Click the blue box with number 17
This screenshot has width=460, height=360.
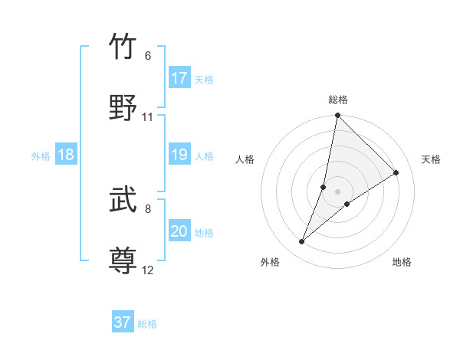click(179, 78)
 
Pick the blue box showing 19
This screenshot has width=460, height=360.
click(179, 155)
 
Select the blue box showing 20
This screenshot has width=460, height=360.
click(179, 232)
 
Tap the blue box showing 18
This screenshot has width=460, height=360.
click(66, 155)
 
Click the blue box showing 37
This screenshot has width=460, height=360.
click(123, 322)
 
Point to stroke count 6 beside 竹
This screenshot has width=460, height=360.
click(148, 56)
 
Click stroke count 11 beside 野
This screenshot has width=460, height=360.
click(148, 117)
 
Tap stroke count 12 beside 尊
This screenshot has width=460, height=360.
click(148, 270)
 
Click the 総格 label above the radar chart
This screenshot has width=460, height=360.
click(338, 100)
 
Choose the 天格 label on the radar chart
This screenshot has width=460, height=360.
click(431, 159)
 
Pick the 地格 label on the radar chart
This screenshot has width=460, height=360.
click(402, 262)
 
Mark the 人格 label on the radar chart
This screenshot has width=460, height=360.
click(245, 159)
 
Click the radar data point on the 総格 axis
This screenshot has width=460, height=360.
click(337, 116)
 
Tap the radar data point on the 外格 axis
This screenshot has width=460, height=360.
click(302, 242)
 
